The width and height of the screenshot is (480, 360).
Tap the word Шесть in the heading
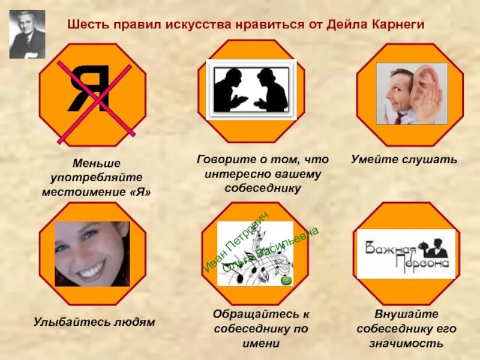[x=85, y=25]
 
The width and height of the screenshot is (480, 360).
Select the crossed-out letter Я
[x=89, y=90]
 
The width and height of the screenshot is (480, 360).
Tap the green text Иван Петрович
[x=235, y=242]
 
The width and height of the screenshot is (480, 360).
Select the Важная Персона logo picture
[x=406, y=254]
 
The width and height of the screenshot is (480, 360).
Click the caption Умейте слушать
[x=404, y=160]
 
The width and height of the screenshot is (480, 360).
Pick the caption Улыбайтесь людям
[x=94, y=322]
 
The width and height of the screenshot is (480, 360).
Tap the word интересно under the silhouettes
[x=236, y=174]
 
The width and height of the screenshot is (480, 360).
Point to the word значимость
[x=407, y=344]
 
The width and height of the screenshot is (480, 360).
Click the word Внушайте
[x=407, y=314]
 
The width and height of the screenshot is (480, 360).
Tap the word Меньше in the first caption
[x=96, y=163]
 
